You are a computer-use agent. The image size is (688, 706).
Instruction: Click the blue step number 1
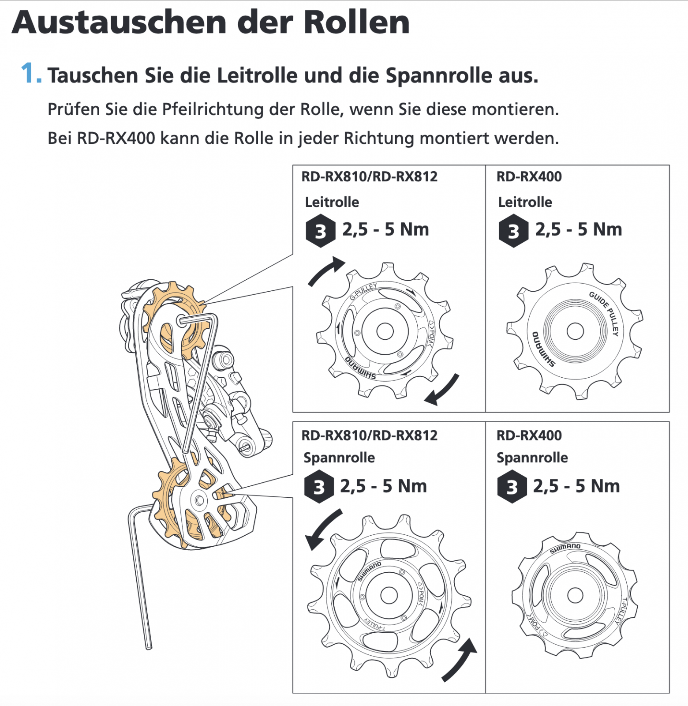tap(30, 73)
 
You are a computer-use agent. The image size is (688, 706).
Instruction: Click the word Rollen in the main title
tap(357, 23)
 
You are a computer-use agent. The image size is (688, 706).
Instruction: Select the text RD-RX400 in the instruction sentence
tap(116, 139)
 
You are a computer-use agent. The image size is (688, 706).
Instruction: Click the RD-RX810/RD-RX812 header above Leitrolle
tap(369, 176)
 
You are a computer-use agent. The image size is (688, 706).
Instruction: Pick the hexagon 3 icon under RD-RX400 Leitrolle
tap(513, 231)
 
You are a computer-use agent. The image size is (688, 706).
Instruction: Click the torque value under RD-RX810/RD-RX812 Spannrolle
tap(383, 486)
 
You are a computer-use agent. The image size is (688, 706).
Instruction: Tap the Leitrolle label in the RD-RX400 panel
tap(525, 202)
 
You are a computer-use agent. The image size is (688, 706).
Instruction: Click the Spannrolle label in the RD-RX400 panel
tap(532, 458)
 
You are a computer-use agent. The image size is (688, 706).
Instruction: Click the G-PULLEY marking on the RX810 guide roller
tap(363, 292)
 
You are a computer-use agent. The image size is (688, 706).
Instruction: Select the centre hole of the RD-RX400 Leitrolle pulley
tap(575, 331)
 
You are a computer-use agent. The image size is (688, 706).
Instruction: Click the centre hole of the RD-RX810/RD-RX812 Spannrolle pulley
tap(389, 595)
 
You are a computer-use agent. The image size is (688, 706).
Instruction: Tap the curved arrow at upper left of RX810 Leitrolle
tap(325, 270)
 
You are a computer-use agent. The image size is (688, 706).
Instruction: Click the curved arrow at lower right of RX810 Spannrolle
tap(460, 660)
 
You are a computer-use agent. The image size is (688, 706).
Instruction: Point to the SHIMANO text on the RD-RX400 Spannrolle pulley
tap(565, 548)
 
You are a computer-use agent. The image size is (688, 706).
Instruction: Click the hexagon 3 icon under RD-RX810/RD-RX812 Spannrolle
tap(319, 487)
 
